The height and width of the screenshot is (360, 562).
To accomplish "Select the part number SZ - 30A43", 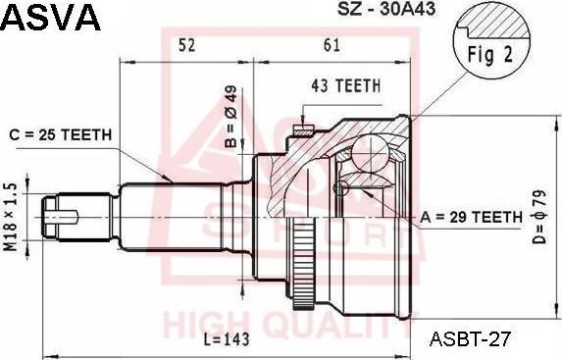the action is [386, 9].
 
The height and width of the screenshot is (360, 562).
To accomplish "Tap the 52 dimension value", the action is [186, 45].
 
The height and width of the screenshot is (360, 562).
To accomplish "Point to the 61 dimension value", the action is [332, 45].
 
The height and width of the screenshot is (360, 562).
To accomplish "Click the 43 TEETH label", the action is [346, 86].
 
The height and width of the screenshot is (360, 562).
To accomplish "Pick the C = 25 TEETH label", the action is [61, 135].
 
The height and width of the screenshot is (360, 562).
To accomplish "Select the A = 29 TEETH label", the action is [472, 217].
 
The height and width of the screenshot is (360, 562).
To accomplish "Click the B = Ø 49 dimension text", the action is [231, 117].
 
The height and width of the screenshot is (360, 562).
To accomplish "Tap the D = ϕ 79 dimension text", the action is [538, 217].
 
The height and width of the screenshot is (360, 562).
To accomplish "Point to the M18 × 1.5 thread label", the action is [11, 217].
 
